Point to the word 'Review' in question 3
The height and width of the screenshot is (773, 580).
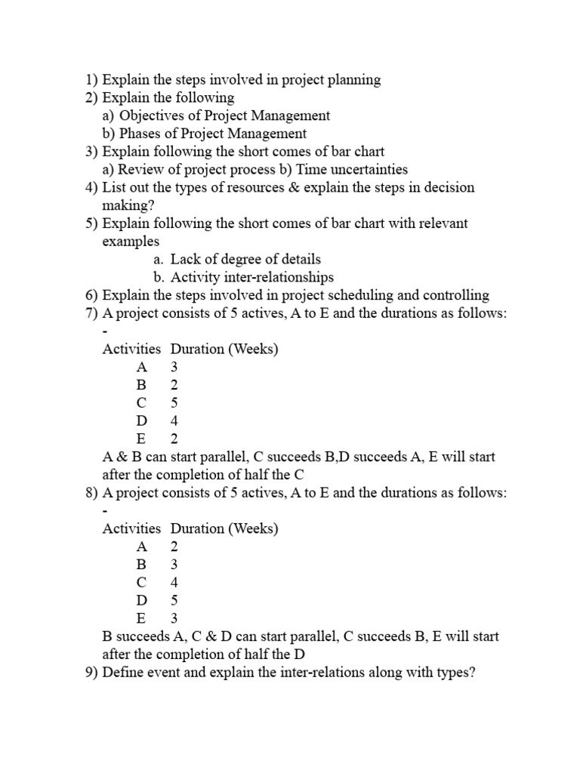(x=140, y=170)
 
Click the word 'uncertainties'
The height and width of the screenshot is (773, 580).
(x=366, y=170)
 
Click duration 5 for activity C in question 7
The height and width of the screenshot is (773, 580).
(x=174, y=403)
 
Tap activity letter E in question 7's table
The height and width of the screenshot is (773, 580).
(x=141, y=439)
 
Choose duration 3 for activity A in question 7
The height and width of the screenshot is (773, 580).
(x=174, y=367)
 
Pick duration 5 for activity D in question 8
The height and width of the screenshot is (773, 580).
(x=174, y=601)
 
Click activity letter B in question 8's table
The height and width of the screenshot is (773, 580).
(x=141, y=565)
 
